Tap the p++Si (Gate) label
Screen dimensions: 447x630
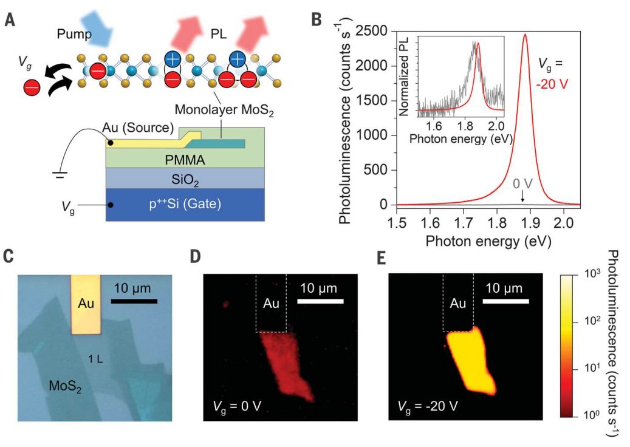tap(185, 205)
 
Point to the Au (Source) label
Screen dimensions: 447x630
tap(139, 128)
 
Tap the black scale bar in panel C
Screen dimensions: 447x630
tap(135, 301)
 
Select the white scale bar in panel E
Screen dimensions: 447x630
tap(507, 301)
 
